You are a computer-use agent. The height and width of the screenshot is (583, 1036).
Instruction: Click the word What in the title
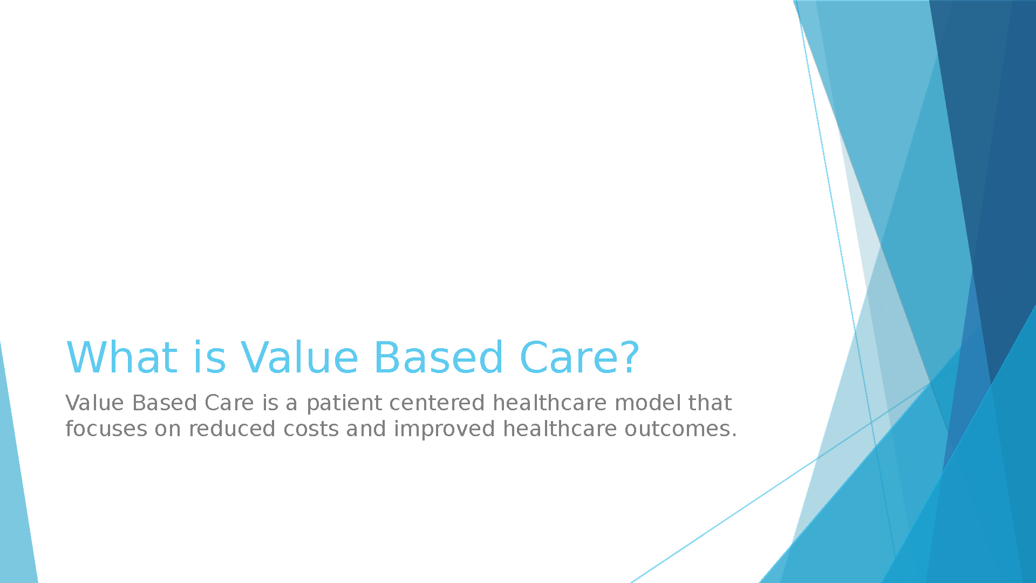pyautogui.click(x=122, y=357)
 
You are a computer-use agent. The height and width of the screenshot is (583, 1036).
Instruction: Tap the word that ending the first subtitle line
pyautogui.click(x=710, y=403)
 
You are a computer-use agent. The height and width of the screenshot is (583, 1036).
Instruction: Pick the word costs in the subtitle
pyautogui.click(x=311, y=429)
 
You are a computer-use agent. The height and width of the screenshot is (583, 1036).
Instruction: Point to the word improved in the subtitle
pyautogui.click(x=444, y=430)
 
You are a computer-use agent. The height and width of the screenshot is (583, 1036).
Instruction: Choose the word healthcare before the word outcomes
pyautogui.click(x=560, y=429)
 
